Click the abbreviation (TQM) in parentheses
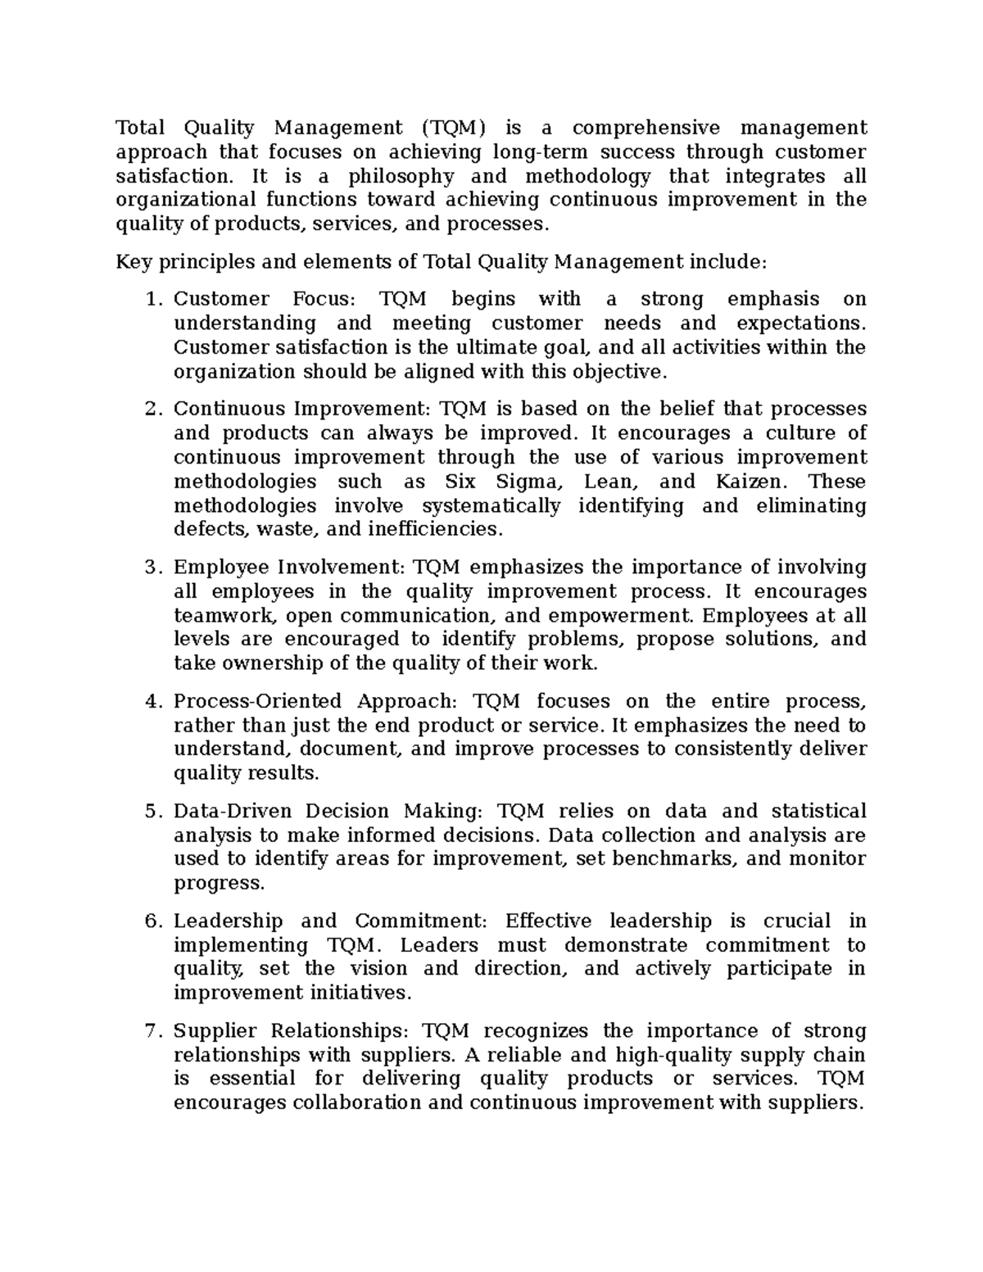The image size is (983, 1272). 454,128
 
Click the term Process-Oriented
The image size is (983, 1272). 258,702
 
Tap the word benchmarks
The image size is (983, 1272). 675,859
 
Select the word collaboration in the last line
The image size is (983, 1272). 357,1102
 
